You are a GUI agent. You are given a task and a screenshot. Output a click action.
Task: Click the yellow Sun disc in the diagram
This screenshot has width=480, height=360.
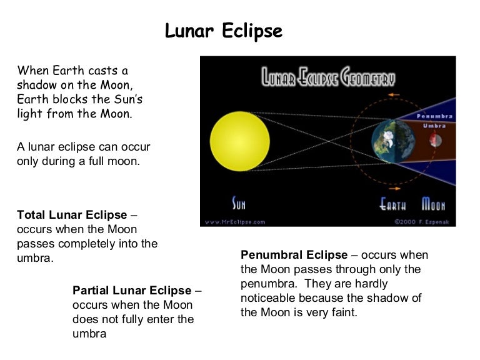(239, 141)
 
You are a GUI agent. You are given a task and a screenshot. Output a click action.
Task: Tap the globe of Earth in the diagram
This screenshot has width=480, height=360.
(391, 141)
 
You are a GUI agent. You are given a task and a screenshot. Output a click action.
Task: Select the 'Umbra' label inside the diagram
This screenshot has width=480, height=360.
(434, 125)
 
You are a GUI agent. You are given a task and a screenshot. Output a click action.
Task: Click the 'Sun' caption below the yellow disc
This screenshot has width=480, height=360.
(239, 203)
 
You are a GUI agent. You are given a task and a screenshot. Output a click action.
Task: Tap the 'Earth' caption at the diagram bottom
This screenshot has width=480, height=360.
(393, 204)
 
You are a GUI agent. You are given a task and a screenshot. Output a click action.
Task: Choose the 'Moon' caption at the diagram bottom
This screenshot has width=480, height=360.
(433, 204)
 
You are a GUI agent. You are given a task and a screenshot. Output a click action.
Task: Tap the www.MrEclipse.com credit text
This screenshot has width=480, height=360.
(236, 221)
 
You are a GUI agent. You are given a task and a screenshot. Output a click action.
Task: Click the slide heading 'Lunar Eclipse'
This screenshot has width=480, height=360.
(223, 31)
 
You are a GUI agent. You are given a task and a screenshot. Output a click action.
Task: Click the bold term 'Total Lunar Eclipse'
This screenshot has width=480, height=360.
(72, 215)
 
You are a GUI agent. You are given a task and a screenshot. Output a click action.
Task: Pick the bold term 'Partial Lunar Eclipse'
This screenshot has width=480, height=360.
(132, 291)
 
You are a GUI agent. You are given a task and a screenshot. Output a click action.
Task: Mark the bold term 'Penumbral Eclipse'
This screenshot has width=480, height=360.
(294, 255)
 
